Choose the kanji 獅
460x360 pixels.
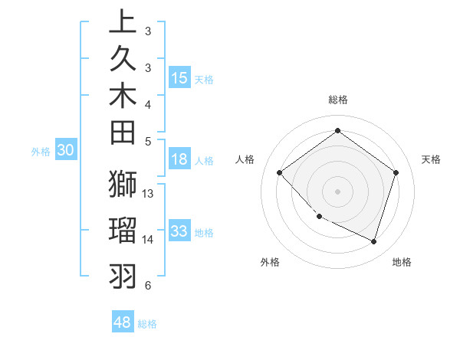coord(123,185)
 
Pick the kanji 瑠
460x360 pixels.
coord(123,230)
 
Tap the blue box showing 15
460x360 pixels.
coord(179,77)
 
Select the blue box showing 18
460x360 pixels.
coord(179,159)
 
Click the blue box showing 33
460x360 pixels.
coord(179,231)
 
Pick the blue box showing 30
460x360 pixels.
coord(66,151)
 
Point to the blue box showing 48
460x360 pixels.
coord(123,322)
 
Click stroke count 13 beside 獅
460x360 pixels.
coord(148,194)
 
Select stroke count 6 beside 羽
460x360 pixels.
coord(148,286)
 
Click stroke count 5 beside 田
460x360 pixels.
coord(148,141)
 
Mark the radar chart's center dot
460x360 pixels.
coord(337,191)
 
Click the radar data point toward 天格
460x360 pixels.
coord(396,172)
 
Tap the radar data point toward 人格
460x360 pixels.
coord(280,172)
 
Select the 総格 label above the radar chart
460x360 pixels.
coord(337,100)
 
